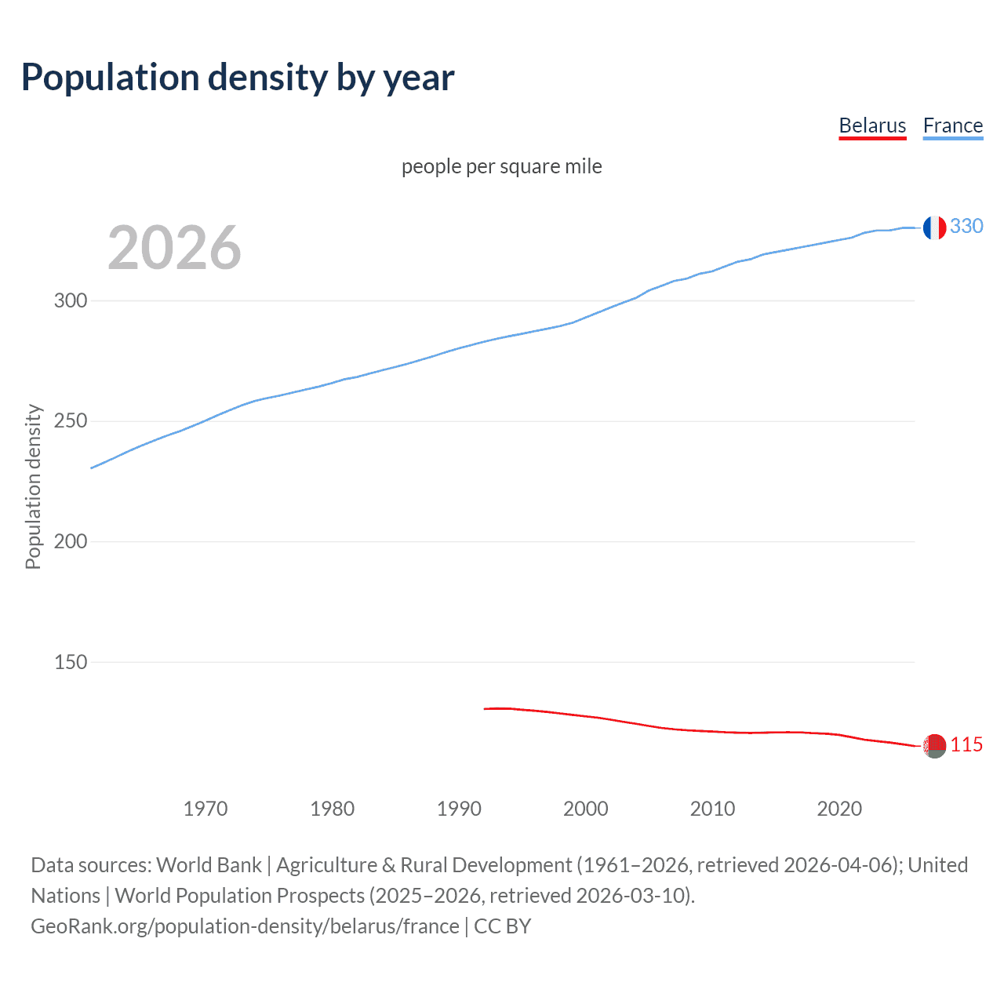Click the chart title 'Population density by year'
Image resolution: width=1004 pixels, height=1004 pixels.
(238, 78)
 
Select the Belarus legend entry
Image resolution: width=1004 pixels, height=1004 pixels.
(872, 125)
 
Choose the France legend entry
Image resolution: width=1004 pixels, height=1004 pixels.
(952, 125)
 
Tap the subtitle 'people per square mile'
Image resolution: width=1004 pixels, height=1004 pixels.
(502, 166)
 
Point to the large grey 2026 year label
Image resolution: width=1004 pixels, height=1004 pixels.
(174, 248)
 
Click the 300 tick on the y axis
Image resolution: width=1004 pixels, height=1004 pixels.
(71, 301)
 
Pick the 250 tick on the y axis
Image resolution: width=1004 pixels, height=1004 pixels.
(71, 421)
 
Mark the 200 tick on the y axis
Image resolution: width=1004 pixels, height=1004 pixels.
(71, 542)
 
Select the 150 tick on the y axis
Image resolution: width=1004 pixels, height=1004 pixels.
(71, 662)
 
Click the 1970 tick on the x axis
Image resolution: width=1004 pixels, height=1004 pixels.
(206, 809)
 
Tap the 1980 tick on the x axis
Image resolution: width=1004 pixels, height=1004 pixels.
(333, 809)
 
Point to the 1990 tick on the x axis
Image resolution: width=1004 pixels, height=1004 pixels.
(459, 809)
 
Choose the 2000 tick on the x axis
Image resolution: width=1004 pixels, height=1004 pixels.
(586, 809)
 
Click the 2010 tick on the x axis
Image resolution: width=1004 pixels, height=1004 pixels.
(712, 809)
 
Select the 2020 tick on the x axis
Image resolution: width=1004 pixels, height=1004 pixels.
(839, 809)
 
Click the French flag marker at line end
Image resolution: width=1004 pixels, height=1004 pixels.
(934, 227)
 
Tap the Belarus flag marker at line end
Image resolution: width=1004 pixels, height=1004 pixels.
(934, 746)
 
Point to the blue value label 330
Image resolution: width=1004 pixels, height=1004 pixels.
(966, 227)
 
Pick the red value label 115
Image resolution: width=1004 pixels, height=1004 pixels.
(966, 745)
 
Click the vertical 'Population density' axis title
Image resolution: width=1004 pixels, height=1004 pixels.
(33, 486)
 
